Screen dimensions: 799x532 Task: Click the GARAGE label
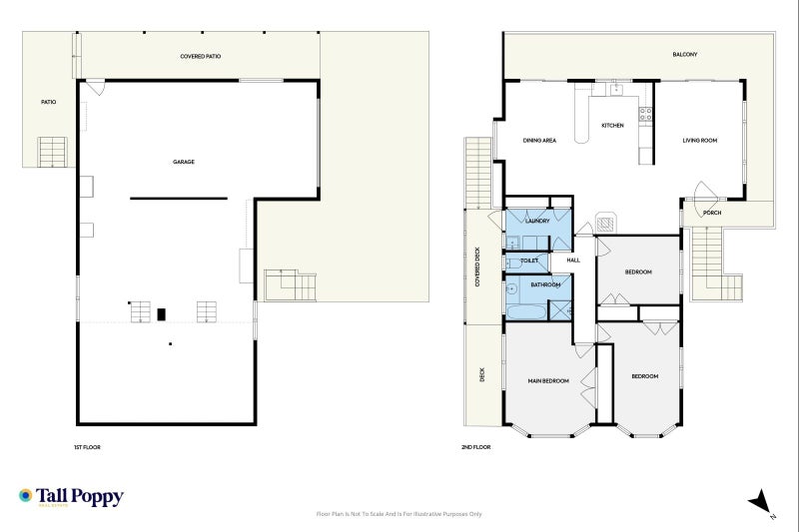coord(184,162)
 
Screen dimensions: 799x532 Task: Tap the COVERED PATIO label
coord(201,57)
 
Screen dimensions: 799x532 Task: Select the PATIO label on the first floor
coord(48,103)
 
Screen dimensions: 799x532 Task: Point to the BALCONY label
coord(685,55)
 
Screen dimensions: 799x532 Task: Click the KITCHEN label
coord(612,125)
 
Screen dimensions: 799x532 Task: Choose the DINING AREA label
coord(539,141)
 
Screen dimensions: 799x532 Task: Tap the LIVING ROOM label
coord(700,141)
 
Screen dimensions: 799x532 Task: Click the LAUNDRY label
coord(537,221)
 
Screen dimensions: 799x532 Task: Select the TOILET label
coord(529,261)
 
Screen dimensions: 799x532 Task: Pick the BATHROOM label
coord(545,285)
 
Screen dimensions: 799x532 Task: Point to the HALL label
coord(573,261)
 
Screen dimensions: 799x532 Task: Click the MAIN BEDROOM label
coord(548,381)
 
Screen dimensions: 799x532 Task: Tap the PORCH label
coord(712,213)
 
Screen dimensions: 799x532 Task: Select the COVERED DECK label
coord(477,266)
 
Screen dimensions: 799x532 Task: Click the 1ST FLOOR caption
coord(87,447)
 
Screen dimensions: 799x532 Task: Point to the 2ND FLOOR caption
coord(476,447)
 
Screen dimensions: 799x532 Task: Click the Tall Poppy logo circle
coord(25,495)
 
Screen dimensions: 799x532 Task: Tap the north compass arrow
coord(760,501)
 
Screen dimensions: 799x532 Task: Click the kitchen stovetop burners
coord(645,114)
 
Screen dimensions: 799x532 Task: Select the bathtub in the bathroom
coord(526,311)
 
